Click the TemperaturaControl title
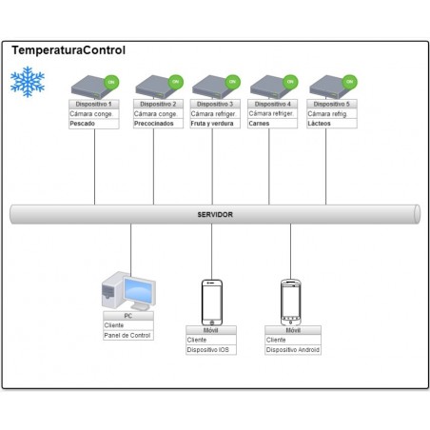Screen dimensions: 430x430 click(68, 50)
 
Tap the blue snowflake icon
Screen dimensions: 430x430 click(27, 83)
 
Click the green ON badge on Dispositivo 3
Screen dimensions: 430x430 click(232, 81)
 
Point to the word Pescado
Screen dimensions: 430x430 click(84, 124)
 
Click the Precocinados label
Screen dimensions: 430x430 click(155, 124)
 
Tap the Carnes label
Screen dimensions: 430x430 click(260, 124)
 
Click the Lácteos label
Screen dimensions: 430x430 click(320, 124)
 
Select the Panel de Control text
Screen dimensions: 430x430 click(127, 335)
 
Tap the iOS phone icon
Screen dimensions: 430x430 click(213, 302)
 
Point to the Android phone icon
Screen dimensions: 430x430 click(291, 302)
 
